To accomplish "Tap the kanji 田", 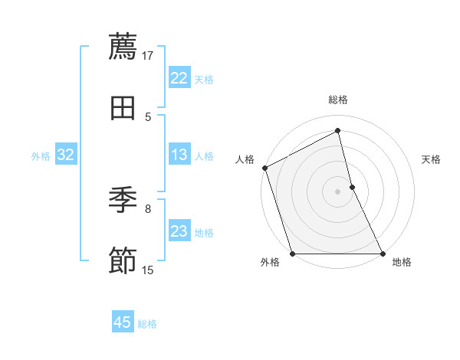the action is click(123, 108).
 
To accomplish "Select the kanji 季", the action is click(123, 201).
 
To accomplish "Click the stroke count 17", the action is click(149, 55).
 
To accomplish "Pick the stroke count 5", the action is click(149, 116).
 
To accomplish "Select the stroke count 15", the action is click(148, 270).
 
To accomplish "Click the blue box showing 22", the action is click(179, 78).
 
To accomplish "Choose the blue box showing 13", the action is click(179, 155).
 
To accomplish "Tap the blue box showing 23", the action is click(179, 231).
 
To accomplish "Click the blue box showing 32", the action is click(66, 155).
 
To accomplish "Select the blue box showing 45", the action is click(123, 322).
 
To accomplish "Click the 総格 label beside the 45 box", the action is click(147, 324).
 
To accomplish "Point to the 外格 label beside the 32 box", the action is click(41, 156).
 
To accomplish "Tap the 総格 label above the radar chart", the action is click(338, 100).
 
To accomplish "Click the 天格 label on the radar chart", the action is click(431, 159).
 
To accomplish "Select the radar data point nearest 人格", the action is click(264, 168).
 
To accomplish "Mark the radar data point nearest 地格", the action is click(382, 253).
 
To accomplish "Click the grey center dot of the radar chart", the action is click(338, 191).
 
